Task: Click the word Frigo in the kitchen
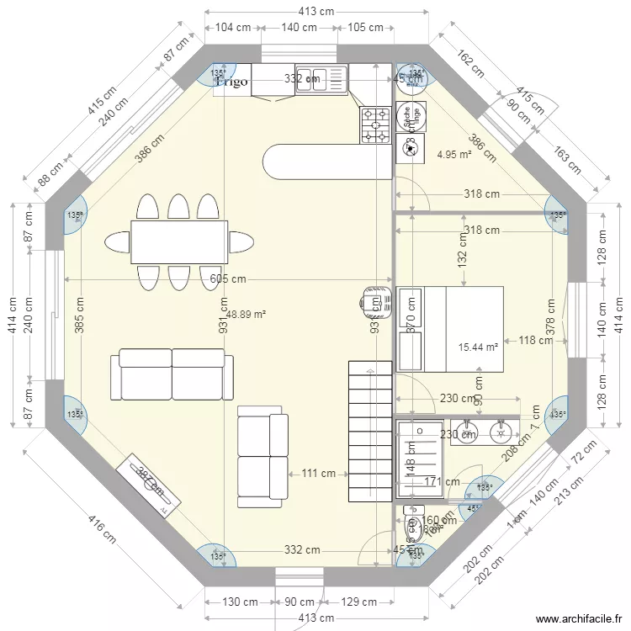232,82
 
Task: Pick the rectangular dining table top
179,241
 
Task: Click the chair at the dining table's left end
117,242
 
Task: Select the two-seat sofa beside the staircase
261,456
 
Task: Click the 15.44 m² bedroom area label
478,347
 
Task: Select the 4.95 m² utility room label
454,154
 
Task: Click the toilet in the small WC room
413,527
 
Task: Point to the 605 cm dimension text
228,279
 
